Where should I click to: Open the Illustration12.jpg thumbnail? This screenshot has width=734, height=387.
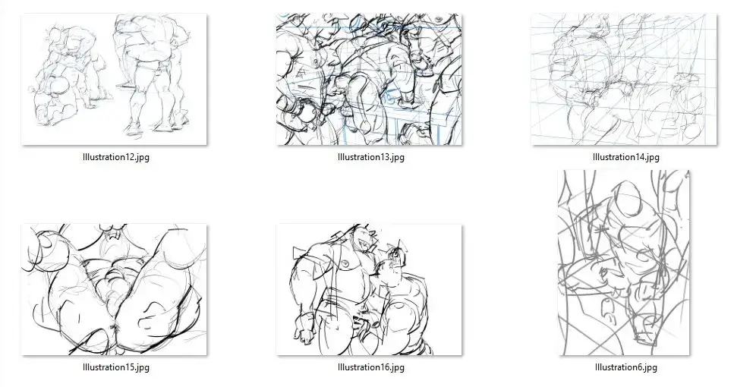(x=114, y=79)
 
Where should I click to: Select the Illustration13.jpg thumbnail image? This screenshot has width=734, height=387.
(x=369, y=79)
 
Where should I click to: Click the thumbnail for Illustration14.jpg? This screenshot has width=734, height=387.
(x=624, y=79)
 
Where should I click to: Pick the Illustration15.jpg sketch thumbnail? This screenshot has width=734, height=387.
(x=114, y=290)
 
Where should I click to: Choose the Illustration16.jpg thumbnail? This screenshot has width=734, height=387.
(x=369, y=290)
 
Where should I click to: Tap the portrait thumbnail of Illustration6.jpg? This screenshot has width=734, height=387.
(x=624, y=263)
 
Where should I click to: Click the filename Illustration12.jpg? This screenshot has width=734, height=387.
(x=116, y=157)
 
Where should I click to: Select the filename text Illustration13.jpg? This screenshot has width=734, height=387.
(x=370, y=157)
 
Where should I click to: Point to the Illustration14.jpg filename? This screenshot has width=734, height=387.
(x=626, y=157)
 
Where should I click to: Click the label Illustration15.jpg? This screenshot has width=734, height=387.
(x=116, y=367)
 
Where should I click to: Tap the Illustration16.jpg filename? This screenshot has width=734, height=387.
(x=370, y=367)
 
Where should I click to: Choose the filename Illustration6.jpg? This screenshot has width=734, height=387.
(x=626, y=367)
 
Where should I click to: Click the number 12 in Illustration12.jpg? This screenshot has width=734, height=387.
(x=130, y=157)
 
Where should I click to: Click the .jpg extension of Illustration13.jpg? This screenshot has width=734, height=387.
(x=397, y=157)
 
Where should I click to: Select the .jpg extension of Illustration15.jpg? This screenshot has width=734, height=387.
(x=142, y=368)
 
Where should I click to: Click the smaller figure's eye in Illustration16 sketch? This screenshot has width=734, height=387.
(x=396, y=254)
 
